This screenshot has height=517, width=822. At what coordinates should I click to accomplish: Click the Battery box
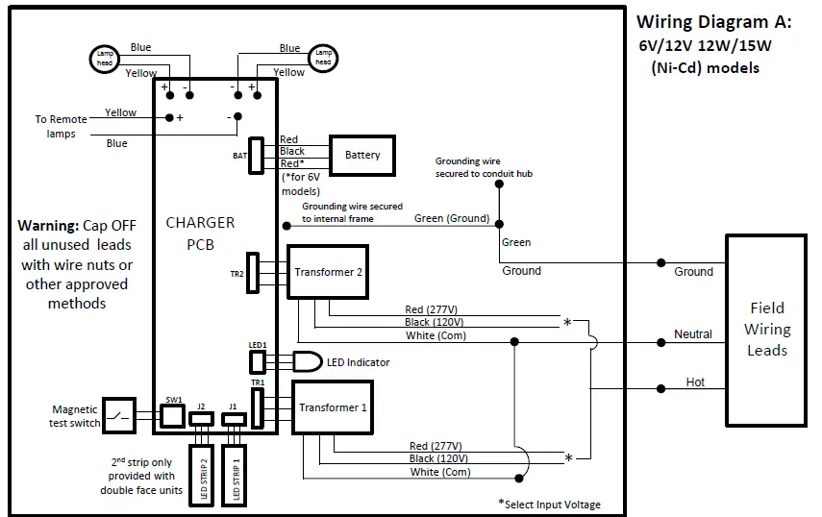click(362, 155)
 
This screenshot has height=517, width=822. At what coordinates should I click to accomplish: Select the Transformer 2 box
click(328, 272)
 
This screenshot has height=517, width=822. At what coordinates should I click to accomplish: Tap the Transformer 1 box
click(333, 407)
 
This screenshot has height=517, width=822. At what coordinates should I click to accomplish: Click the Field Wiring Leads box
click(766, 329)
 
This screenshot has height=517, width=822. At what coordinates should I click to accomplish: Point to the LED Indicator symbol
click(307, 362)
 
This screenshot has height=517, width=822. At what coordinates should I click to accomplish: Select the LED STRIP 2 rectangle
click(202, 474)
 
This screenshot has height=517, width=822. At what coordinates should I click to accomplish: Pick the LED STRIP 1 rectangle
click(233, 474)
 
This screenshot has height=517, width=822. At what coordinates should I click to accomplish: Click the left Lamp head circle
click(104, 59)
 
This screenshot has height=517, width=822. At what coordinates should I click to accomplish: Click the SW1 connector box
click(172, 415)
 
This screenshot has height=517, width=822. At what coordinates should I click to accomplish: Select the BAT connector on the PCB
click(256, 154)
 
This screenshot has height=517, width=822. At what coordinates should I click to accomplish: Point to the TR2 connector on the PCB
click(252, 273)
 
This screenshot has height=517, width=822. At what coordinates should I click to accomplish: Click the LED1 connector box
click(258, 361)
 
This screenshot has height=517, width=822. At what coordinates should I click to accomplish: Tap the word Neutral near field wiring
click(692, 334)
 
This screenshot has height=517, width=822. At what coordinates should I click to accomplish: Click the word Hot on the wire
click(695, 382)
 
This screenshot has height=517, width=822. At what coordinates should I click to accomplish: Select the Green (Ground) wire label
click(452, 218)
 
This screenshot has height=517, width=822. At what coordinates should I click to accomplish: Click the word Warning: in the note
click(48, 226)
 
